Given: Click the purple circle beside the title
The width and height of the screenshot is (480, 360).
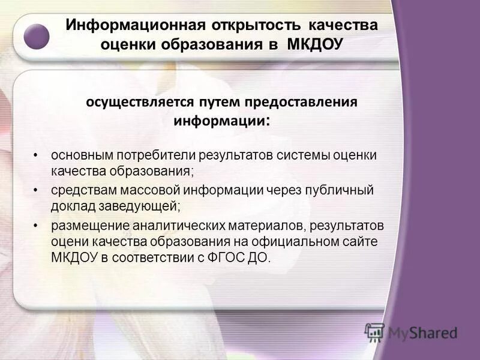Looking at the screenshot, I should point(36,37).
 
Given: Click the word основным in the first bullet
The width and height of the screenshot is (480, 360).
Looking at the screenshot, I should point(80,155).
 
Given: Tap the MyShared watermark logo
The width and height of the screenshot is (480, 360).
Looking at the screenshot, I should point(410,332).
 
